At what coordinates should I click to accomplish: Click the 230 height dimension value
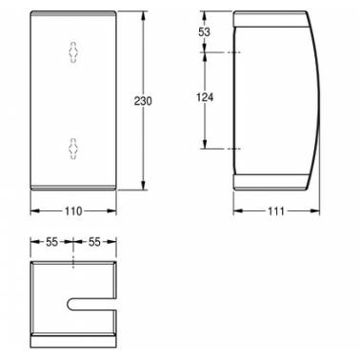coord(143,101)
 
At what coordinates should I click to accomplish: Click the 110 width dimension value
coord(73,211)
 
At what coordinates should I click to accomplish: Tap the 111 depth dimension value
coord(276,211)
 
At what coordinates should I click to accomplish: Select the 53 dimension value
coord(204,32)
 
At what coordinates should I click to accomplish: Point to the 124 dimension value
coord(205,97)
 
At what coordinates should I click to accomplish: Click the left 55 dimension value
coord(51,242)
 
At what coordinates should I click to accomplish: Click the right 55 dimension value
coord(94,242)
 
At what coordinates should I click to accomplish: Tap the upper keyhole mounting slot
coord(73,52)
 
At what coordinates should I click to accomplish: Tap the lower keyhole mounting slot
coord(73,149)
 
